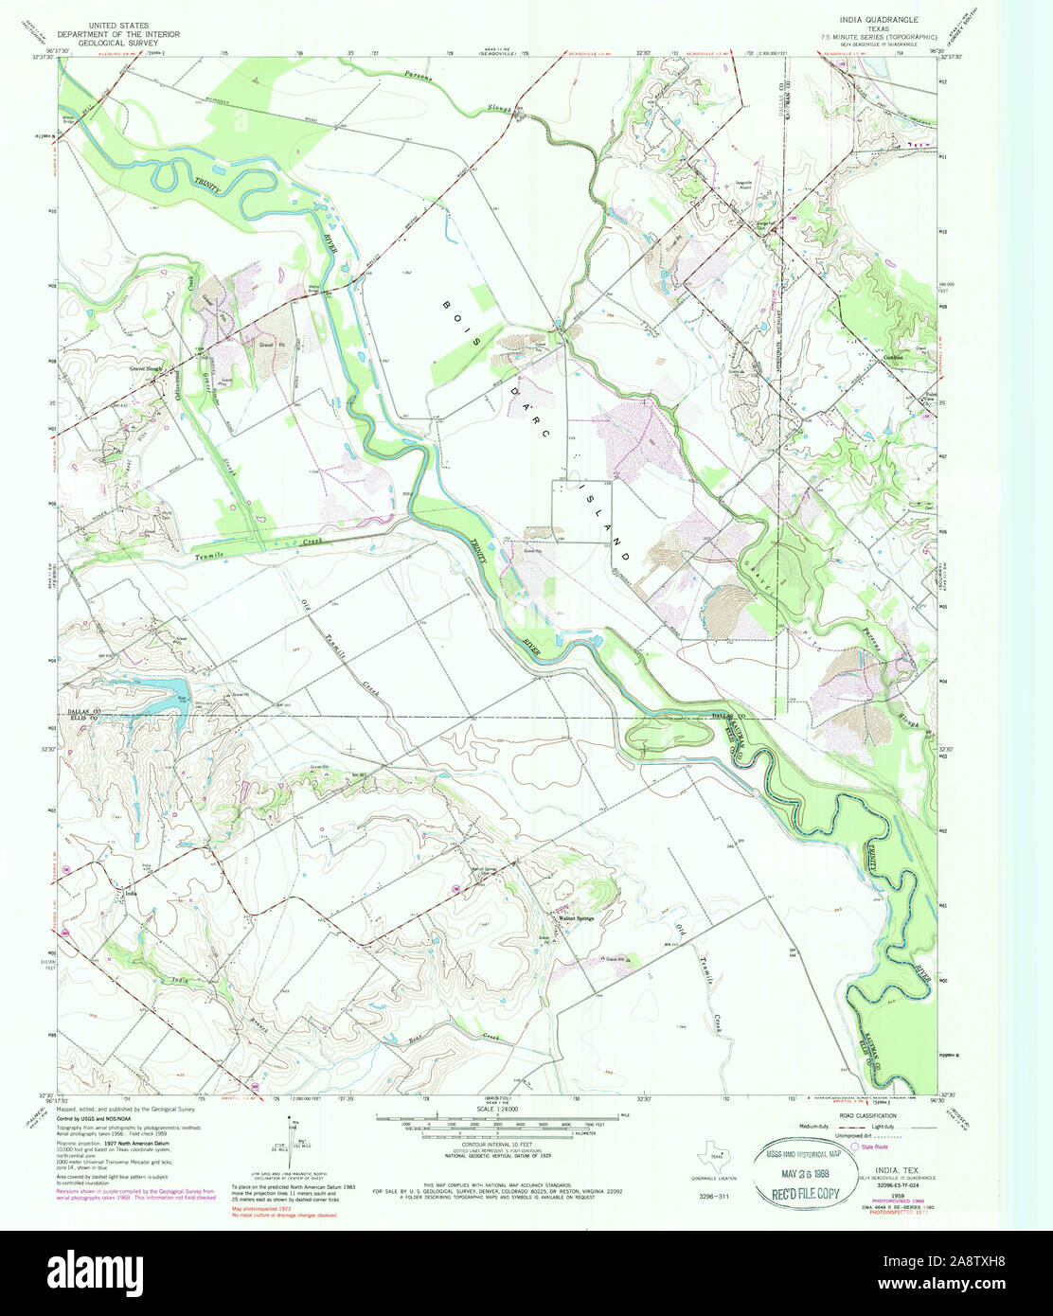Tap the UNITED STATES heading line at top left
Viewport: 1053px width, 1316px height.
pos(119,18)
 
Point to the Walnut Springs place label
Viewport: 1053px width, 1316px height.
pos(576,917)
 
